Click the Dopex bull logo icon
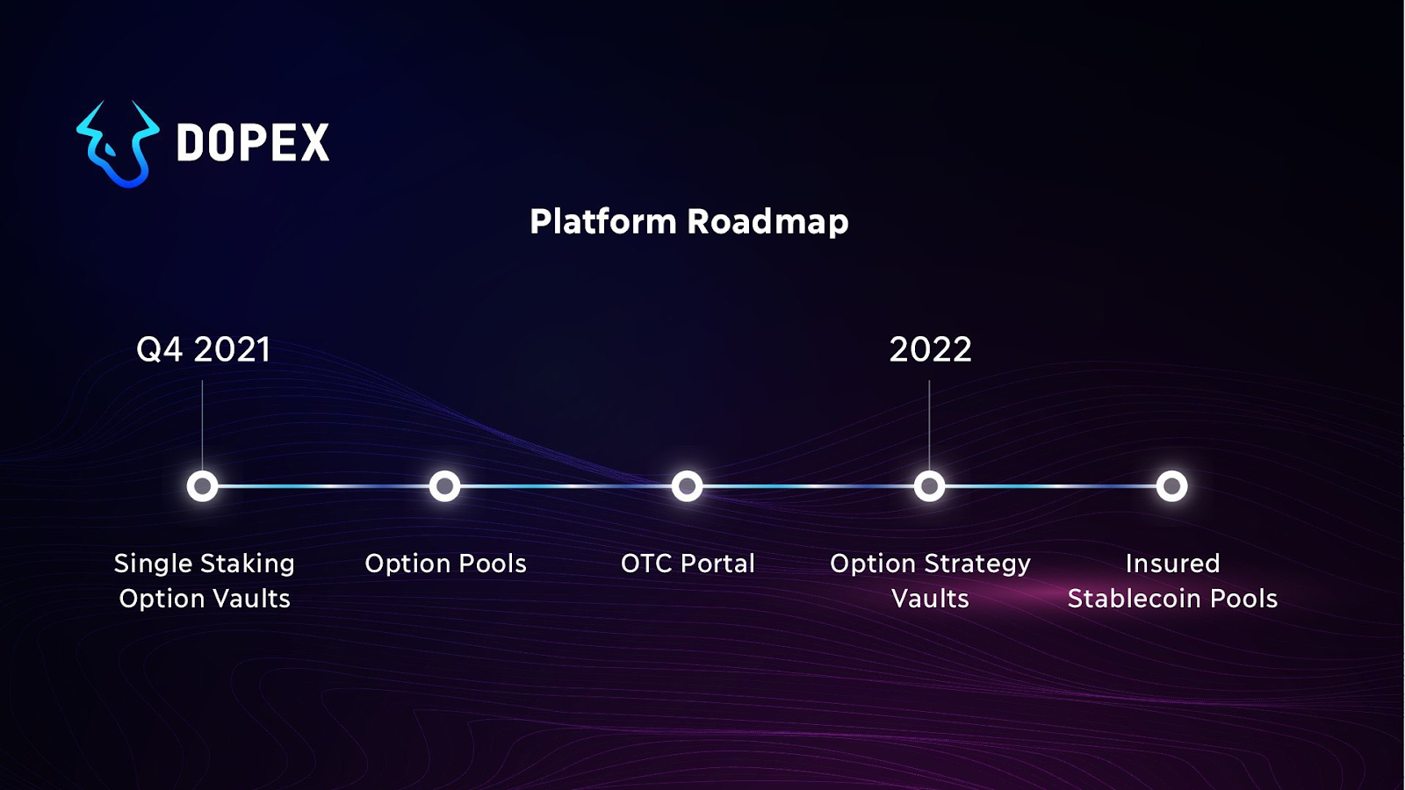[x=119, y=145]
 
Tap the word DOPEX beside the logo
[x=253, y=143]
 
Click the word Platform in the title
[x=603, y=222]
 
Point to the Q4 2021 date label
[x=203, y=349]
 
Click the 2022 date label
[x=930, y=349]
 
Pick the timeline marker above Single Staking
[x=203, y=486]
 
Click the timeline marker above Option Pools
[x=445, y=486]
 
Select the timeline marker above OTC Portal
[x=688, y=486]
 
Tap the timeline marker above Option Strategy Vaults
[x=929, y=486]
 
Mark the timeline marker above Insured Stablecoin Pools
[x=1171, y=486]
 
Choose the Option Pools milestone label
[x=445, y=564]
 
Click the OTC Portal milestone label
[x=688, y=564]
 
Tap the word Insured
[x=1172, y=564]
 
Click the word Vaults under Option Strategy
[x=930, y=599]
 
